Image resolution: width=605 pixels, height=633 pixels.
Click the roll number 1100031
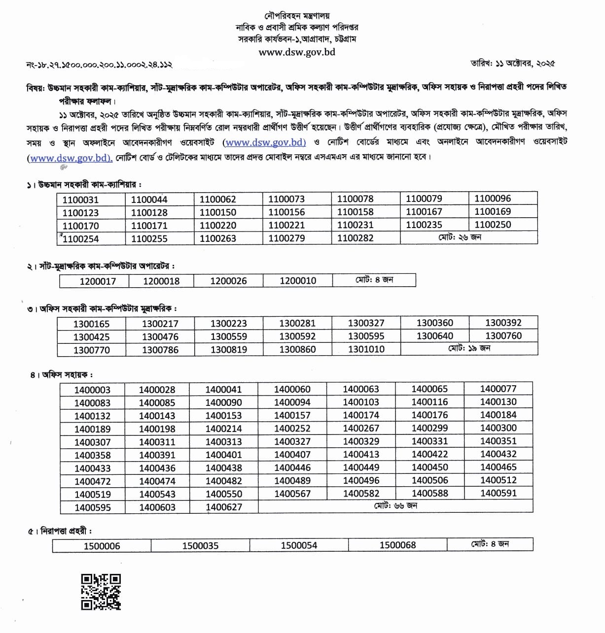80,200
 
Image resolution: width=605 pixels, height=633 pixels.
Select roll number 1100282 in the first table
355,238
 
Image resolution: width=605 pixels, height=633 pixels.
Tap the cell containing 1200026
228,281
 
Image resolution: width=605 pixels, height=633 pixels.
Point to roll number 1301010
366,349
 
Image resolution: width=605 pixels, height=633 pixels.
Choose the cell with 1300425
92,337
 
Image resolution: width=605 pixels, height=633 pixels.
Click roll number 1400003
92,390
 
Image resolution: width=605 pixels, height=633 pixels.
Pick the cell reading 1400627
224,507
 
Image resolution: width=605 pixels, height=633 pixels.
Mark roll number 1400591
498,493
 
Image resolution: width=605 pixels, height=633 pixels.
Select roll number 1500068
397,545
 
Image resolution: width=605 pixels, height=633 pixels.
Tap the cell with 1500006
102,546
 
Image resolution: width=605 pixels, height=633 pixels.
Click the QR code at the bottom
101,592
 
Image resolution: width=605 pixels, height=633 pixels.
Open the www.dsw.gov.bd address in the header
297,52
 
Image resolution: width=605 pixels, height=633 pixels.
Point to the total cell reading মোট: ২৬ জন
460,237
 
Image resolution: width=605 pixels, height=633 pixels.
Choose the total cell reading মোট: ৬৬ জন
395,506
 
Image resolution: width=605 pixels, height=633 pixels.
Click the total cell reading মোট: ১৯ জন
469,348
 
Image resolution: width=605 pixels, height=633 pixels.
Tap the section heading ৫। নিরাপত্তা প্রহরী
60,531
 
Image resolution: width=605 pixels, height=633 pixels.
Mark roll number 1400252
292,429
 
